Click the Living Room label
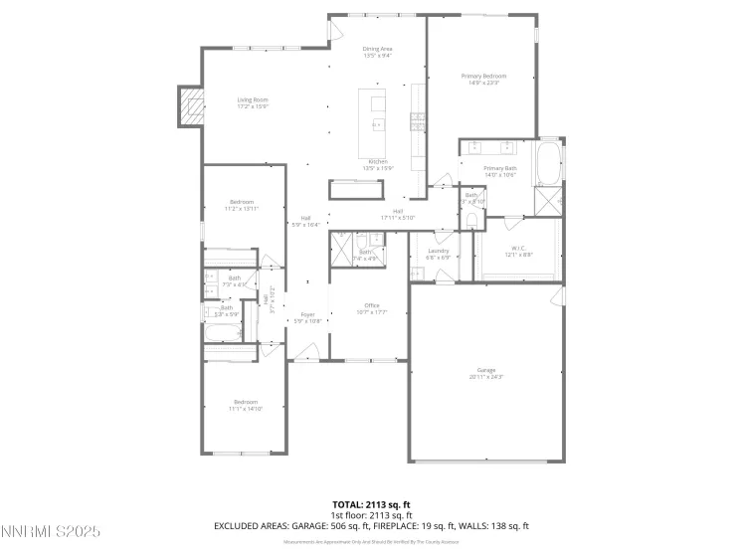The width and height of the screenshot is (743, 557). pos(253,102)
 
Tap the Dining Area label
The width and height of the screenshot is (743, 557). pos(377,52)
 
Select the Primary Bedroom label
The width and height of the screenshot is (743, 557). pos(483,79)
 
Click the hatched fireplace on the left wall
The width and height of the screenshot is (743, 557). pos(190,106)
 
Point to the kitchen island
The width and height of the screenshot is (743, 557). pos(377,110)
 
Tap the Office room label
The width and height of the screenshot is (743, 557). pos(371,308)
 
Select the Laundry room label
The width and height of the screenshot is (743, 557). pos(438,253)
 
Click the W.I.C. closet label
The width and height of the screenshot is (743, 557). pos(518,251)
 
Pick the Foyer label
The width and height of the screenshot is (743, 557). pos(307,317)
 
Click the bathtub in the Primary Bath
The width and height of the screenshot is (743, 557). pos(548,164)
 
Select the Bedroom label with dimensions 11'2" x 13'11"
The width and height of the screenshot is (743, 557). pos(243,205)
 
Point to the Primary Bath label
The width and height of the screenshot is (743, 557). pos(499,171)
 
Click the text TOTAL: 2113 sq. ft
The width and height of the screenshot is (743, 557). pos(371,504)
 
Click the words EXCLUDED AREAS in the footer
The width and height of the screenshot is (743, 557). pos(250,525)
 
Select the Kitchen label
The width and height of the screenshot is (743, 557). pos(377,164)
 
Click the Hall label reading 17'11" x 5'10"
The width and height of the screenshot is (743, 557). pos(397,214)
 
